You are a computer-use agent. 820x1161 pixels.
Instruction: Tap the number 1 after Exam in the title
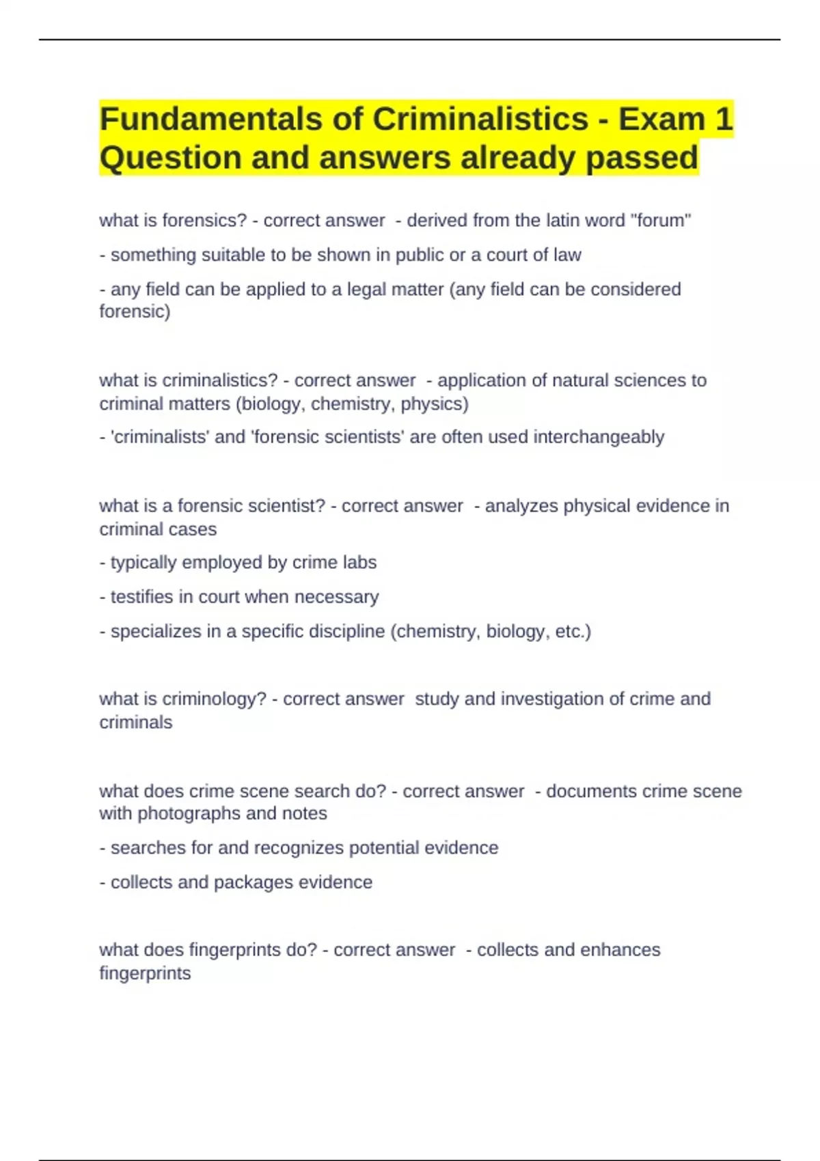[x=724, y=120]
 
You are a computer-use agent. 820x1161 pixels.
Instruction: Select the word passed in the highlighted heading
[x=642, y=158]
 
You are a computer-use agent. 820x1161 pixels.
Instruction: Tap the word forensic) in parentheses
[x=135, y=312]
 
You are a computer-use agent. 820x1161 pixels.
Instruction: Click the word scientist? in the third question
[x=287, y=506]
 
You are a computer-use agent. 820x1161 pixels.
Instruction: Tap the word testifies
[x=141, y=597]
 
